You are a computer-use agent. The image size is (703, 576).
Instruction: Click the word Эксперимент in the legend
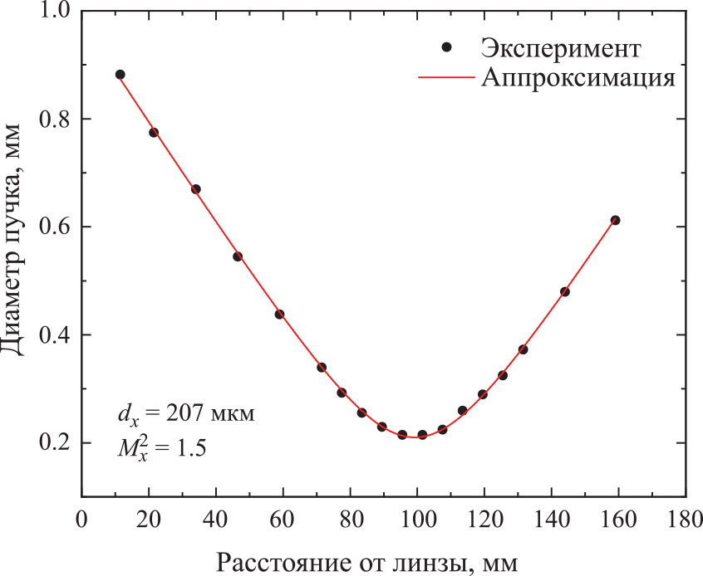(x=560, y=48)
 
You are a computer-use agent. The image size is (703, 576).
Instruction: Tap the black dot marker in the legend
(x=446, y=48)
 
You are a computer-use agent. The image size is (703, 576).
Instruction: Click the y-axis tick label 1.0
(x=54, y=12)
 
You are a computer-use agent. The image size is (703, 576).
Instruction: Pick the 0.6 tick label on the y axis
(x=54, y=227)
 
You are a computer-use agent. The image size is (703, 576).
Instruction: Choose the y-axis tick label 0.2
(x=54, y=443)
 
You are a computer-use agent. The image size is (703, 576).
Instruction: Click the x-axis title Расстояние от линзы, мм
(x=368, y=563)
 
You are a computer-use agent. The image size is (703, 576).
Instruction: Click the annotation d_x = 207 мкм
(x=184, y=412)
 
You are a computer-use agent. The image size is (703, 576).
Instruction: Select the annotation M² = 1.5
(x=160, y=447)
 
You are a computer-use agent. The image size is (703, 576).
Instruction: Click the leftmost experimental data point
(x=120, y=75)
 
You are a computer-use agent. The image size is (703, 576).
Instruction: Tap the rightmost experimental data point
(x=616, y=220)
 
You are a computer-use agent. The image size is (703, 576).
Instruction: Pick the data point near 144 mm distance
(x=565, y=291)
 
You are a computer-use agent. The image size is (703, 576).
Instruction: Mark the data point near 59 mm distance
(x=279, y=314)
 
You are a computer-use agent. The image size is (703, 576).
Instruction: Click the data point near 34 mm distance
(x=195, y=189)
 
